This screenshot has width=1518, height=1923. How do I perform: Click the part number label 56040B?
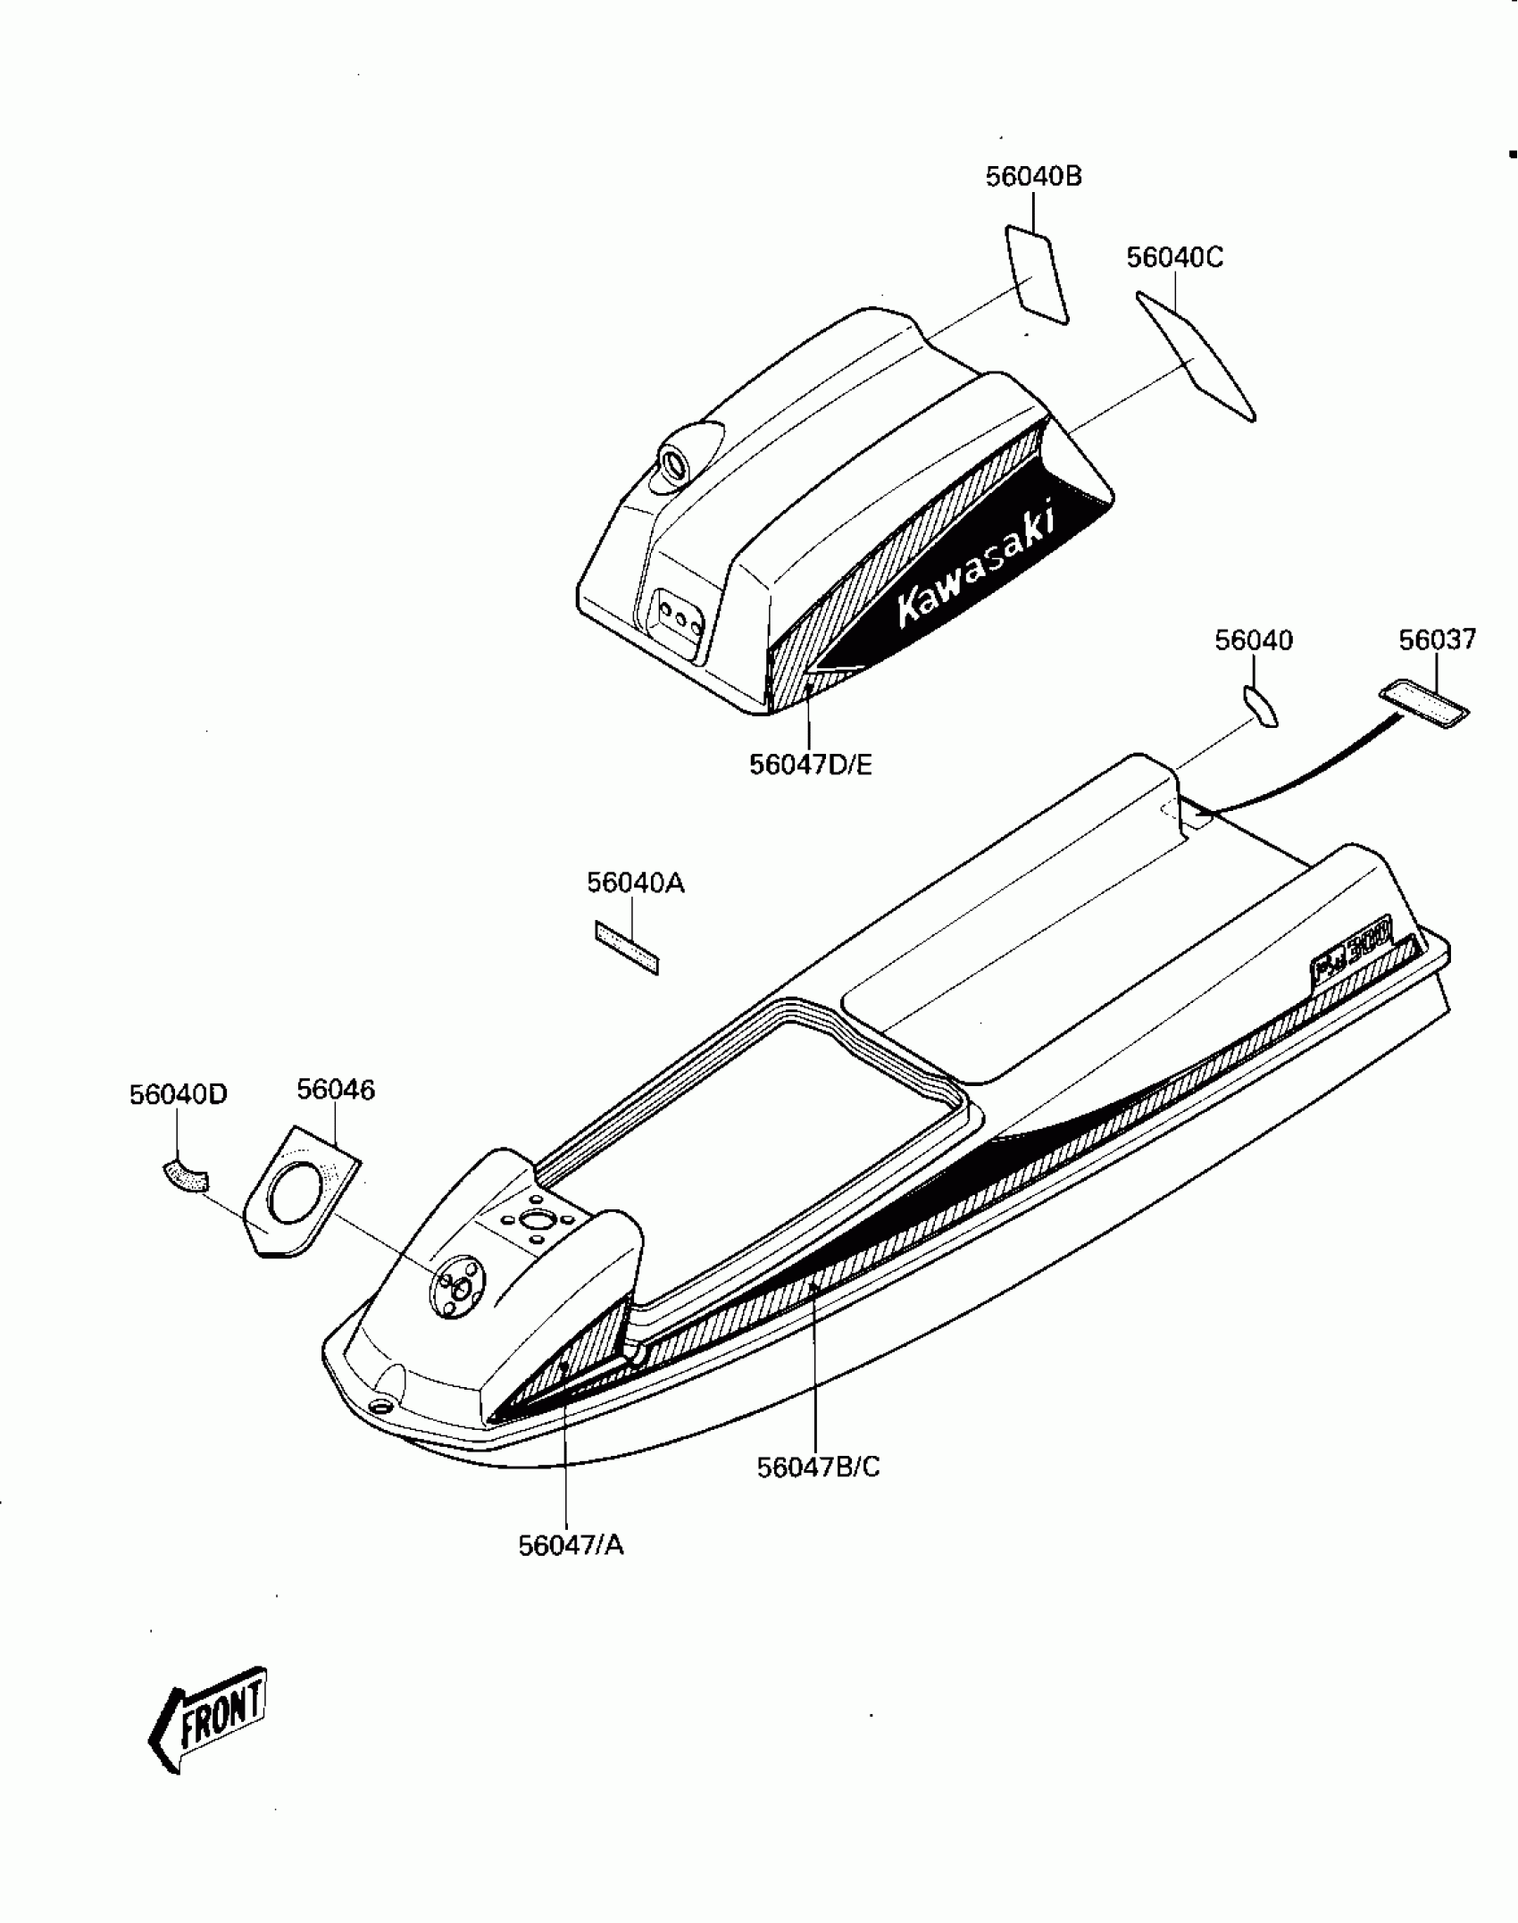pos(1033,177)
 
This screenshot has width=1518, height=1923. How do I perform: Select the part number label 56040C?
pos(1174,257)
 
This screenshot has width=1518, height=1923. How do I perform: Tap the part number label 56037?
pos(1437,640)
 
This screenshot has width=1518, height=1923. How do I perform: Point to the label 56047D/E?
pos(810,765)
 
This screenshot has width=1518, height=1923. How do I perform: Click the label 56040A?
pos(635,882)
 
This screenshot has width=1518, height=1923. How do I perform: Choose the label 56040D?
pos(179,1094)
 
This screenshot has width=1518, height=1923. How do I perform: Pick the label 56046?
pos(336,1090)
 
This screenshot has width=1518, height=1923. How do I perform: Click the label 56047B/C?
pos(818,1467)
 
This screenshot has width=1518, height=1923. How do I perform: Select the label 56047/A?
pos(571,1545)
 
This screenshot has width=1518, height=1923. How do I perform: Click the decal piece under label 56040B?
pos(1037,274)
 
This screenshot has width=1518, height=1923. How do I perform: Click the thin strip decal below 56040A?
pos(626,948)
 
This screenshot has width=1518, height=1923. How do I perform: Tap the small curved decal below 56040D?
pos(185,1175)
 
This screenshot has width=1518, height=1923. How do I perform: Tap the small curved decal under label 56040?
pos(1260,706)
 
